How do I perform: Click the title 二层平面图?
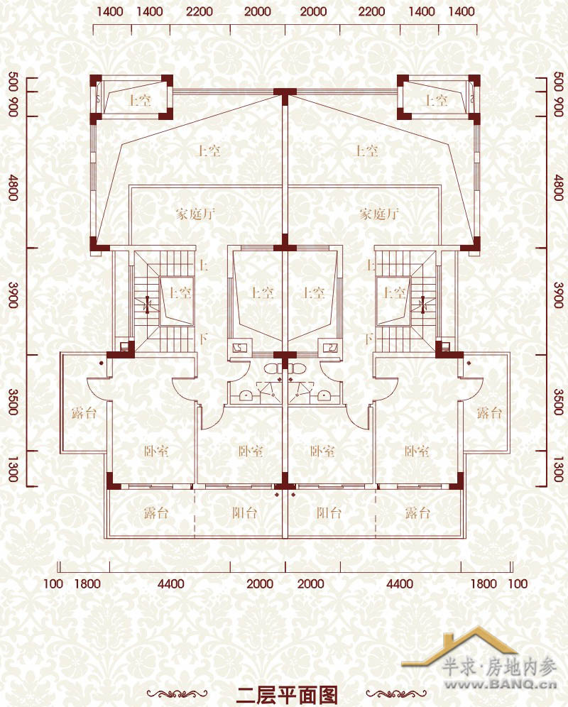[287, 695]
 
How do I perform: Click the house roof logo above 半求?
[459, 645]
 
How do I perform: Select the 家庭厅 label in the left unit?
[195, 213]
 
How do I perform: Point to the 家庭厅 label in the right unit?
[379, 213]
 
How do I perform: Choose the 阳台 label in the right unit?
[329, 513]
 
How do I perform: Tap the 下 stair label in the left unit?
[204, 338]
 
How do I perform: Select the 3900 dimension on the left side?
[13, 295]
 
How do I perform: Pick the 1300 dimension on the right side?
[559, 469]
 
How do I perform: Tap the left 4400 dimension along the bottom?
[170, 584]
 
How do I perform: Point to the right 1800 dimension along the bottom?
[484, 584]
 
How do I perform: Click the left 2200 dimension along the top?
[200, 11]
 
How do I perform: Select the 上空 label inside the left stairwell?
[180, 292]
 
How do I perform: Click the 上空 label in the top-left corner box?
[139, 99]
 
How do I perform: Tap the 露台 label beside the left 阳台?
[156, 513]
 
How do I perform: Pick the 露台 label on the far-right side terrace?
[489, 412]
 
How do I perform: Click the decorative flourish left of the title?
[177, 694]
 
